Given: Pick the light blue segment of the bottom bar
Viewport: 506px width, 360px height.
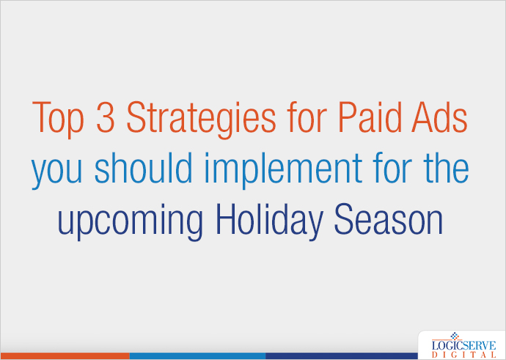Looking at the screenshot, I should point(197,356).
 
